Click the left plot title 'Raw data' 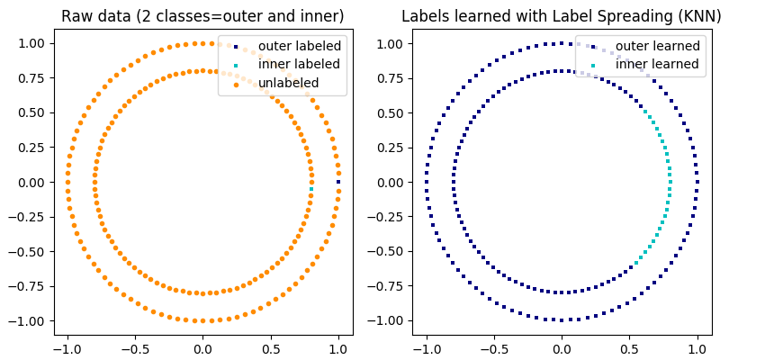(202, 16)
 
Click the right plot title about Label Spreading (562, 16)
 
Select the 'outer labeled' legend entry (286, 46)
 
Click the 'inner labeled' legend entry (286, 64)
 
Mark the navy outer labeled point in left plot (338, 182)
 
